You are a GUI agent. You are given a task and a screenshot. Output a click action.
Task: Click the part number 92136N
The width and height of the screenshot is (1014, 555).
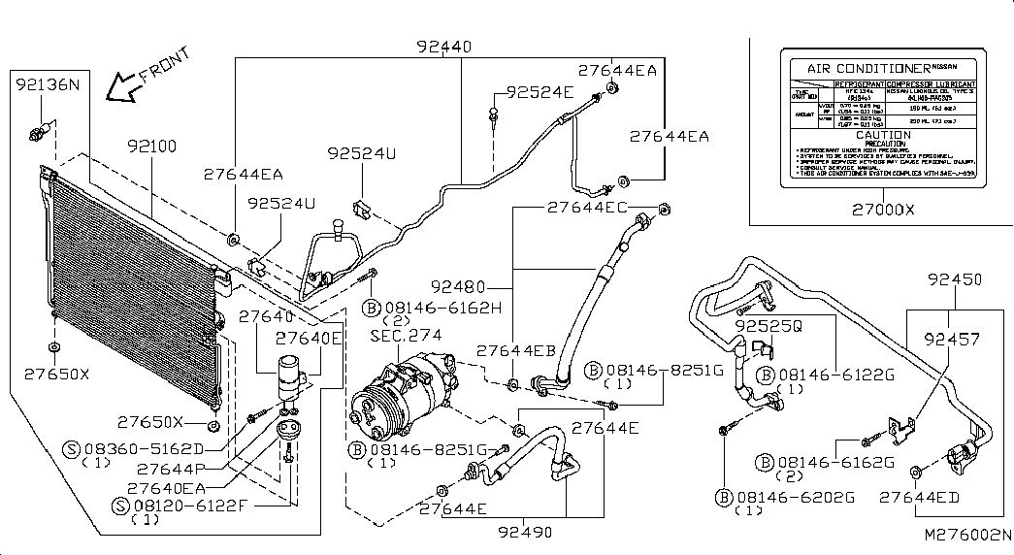[46, 85]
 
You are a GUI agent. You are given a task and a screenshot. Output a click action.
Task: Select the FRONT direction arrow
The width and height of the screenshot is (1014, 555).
[123, 88]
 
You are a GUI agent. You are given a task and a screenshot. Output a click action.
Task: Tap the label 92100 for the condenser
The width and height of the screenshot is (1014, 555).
[151, 147]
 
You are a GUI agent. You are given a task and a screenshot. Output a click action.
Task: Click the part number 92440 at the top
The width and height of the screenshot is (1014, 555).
[443, 47]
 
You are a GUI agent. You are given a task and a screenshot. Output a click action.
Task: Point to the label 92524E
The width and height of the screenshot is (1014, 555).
[540, 93]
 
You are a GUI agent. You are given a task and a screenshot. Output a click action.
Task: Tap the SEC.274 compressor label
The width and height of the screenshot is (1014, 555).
[406, 335]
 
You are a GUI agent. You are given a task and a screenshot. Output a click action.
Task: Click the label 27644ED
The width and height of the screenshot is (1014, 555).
[919, 497]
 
